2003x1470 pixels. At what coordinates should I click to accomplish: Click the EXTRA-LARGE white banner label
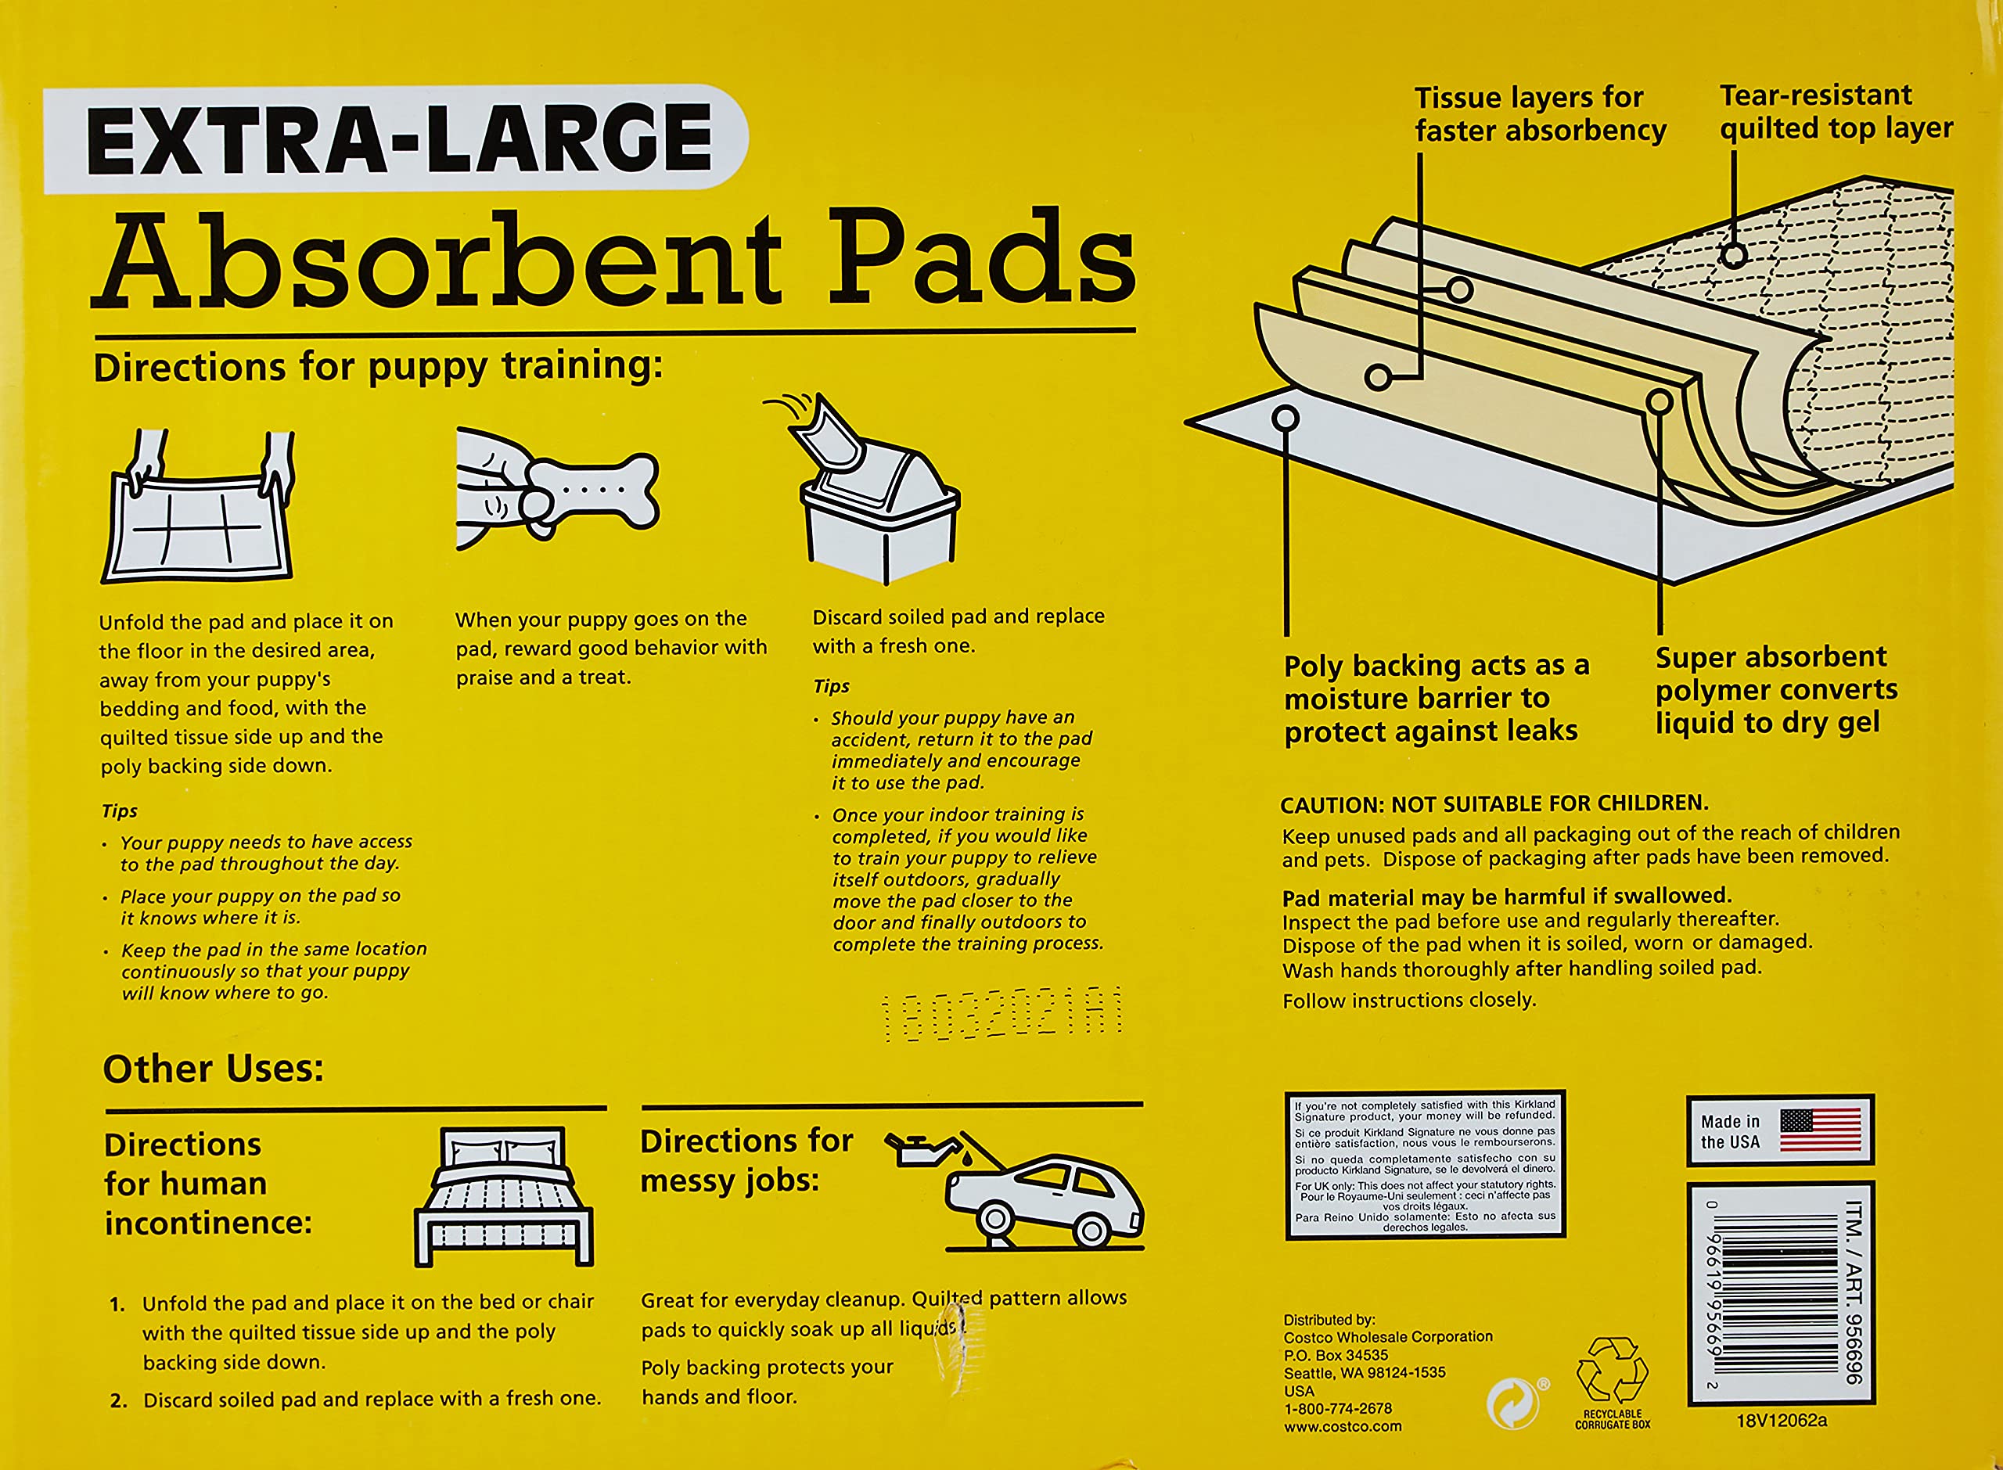click(x=396, y=138)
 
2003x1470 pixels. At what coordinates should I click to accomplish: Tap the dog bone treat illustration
click(x=592, y=491)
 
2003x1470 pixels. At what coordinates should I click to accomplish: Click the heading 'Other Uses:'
click(x=214, y=1069)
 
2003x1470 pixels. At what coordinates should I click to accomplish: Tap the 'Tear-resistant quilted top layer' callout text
click(x=1835, y=112)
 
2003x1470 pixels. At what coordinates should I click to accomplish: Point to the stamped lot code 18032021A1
click(x=1001, y=1014)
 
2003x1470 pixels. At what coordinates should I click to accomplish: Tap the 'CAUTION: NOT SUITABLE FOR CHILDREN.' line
click(x=1494, y=803)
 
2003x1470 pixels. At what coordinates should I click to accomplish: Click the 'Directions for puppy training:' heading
click(x=378, y=365)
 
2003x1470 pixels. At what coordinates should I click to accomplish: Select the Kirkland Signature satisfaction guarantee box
click(x=1425, y=1165)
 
